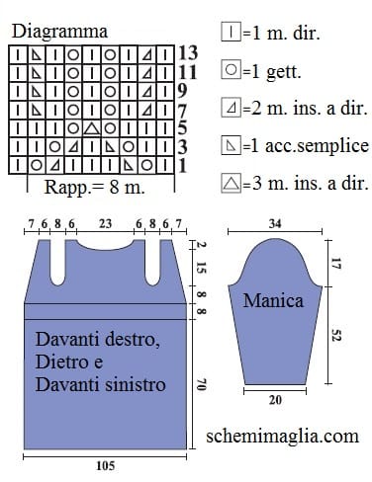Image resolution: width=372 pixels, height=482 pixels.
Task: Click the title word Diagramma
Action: tap(59, 32)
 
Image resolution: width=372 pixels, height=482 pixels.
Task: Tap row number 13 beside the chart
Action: tap(188, 53)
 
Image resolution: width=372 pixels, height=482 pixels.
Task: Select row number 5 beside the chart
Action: tap(183, 128)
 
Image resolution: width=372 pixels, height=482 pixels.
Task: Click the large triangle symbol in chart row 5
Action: tap(91, 127)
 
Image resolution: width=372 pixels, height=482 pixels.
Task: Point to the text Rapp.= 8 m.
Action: tap(95, 187)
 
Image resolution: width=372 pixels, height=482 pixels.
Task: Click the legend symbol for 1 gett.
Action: tap(232, 70)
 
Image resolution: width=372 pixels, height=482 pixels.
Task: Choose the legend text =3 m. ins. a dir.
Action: tap(306, 183)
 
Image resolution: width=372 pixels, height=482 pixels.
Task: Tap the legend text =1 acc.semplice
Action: tap(306, 146)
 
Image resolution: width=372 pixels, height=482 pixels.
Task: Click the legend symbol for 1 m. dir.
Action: tap(232, 32)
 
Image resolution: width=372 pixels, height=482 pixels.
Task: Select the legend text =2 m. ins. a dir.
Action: tap(306, 109)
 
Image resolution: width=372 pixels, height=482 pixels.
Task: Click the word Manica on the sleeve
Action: tap(273, 300)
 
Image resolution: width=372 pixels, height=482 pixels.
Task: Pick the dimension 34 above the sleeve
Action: tap(275, 224)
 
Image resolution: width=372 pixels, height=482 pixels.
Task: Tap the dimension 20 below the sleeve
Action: tap(275, 400)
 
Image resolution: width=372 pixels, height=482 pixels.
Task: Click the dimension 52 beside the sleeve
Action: tap(335, 336)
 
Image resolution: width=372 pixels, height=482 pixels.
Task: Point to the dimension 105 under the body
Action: tap(106, 466)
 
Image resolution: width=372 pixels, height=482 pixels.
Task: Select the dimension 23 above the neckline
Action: tap(106, 224)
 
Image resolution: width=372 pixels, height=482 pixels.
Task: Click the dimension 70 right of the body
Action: tap(200, 384)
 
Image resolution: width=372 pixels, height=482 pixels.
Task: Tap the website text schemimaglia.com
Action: tap(283, 436)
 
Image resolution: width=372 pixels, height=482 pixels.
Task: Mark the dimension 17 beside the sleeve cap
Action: tap(335, 264)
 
